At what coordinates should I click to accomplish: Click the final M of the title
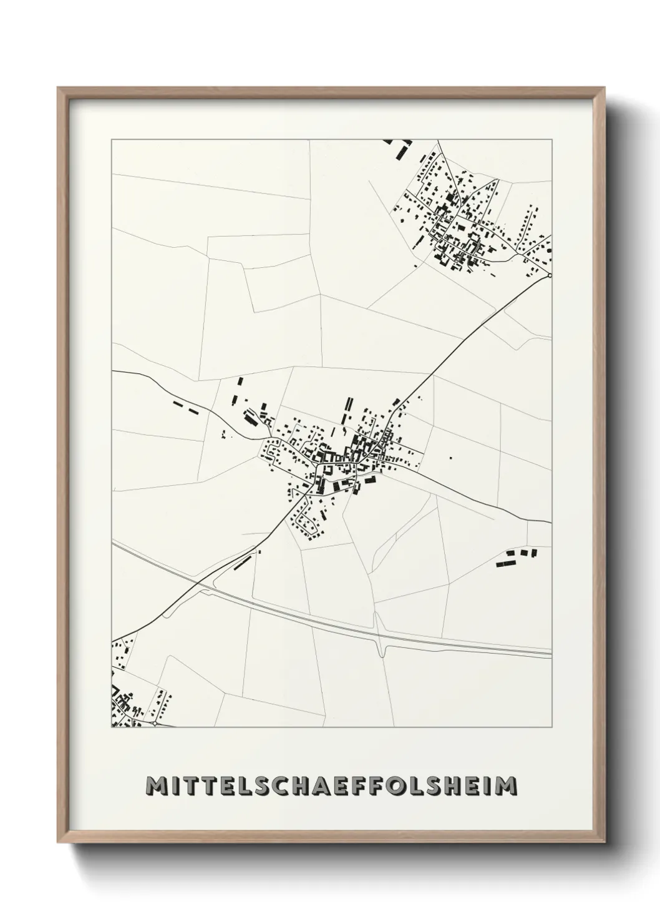click(505, 786)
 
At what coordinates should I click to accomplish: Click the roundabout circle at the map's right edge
click(550, 275)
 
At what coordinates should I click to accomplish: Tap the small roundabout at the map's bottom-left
click(154, 724)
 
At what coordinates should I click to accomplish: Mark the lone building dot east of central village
click(450, 458)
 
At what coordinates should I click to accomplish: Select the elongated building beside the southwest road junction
click(241, 563)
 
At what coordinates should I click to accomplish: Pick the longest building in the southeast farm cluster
click(504, 563)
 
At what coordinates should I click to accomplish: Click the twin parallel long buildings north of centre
click(349, 409)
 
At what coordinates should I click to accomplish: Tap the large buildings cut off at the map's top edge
click(398, 147)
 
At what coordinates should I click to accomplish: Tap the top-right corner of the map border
click(551, 140)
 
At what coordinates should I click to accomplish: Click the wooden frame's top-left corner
click(58, 88)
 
